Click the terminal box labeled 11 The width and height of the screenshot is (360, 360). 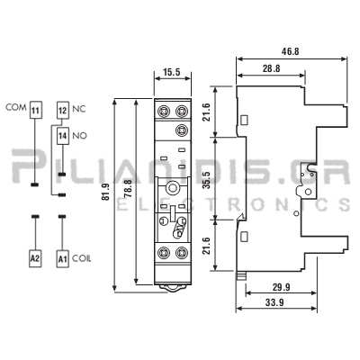tap(35, 110)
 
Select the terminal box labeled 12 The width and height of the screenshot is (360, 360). tap(63, 110)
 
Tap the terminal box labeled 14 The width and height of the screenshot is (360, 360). tap(63, 136)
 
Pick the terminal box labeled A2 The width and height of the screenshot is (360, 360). tap(35, 258)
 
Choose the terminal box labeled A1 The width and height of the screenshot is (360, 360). tap(63, 258)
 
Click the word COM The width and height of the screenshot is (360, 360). tap(16, 107)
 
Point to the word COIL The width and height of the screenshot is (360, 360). tap(82, 258)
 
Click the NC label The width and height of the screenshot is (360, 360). tap(79, 109)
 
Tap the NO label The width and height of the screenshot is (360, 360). tap(80, 136)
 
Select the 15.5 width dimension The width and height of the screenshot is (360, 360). tap(172, 72)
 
